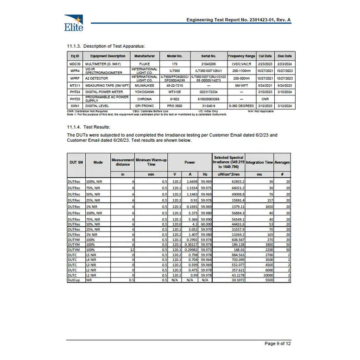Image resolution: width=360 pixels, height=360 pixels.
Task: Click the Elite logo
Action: [74, 23]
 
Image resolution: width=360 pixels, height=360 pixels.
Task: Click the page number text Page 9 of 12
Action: [278, 343]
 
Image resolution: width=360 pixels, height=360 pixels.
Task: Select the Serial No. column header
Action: [208, 56]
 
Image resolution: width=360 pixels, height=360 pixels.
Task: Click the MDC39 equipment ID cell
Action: [75, 63]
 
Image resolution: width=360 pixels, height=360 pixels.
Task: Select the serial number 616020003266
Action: [208, 99]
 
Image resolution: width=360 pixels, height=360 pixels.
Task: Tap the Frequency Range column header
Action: [241, 56]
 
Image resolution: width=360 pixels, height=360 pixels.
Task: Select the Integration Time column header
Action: [259, 163]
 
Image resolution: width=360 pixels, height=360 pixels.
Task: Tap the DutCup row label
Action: [73, 280]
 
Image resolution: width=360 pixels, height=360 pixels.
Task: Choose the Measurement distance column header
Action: [123, 163]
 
